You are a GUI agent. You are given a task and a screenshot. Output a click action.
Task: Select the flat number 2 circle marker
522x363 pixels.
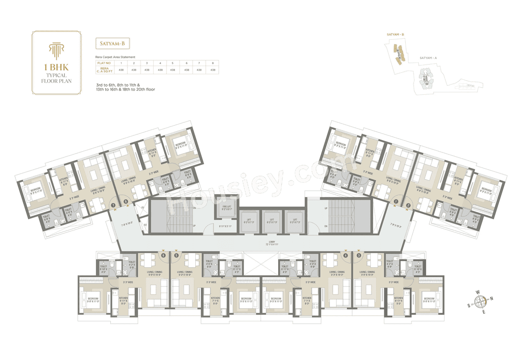[x=408, y=205]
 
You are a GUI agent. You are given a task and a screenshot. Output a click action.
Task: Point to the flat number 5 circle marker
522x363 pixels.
[x=176, y=256]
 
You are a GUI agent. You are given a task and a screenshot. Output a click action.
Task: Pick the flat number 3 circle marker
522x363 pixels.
[x=358, y=256]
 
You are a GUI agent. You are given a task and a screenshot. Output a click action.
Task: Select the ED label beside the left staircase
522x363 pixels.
[x=145, y=225]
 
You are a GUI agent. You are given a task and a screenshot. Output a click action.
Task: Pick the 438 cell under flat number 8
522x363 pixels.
[x=212, y=70]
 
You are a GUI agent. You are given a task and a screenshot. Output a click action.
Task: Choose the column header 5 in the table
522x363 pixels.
[x=173, y=63]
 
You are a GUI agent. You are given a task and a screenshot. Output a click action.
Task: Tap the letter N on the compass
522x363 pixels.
[x=491, y=299]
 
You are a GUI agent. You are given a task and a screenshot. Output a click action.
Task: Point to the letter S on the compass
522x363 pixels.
[x=469, y=305]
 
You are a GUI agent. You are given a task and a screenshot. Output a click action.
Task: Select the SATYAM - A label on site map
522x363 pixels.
[x=428, y=58]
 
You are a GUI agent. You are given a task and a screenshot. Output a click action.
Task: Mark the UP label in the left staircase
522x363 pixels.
[x=194, y=226]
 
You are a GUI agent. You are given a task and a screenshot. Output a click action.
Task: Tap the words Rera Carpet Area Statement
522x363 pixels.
[x=115, y=57]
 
